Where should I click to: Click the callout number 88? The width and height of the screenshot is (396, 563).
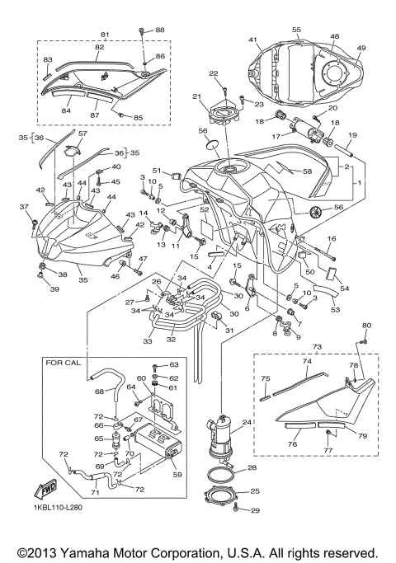click(160, 30)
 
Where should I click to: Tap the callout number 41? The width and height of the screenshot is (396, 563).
click(254, 40)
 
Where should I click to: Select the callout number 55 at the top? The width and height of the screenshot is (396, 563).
click(295, 29)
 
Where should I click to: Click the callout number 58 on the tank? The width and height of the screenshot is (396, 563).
click(307, 171)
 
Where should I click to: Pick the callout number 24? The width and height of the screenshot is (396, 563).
click(246, 424)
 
